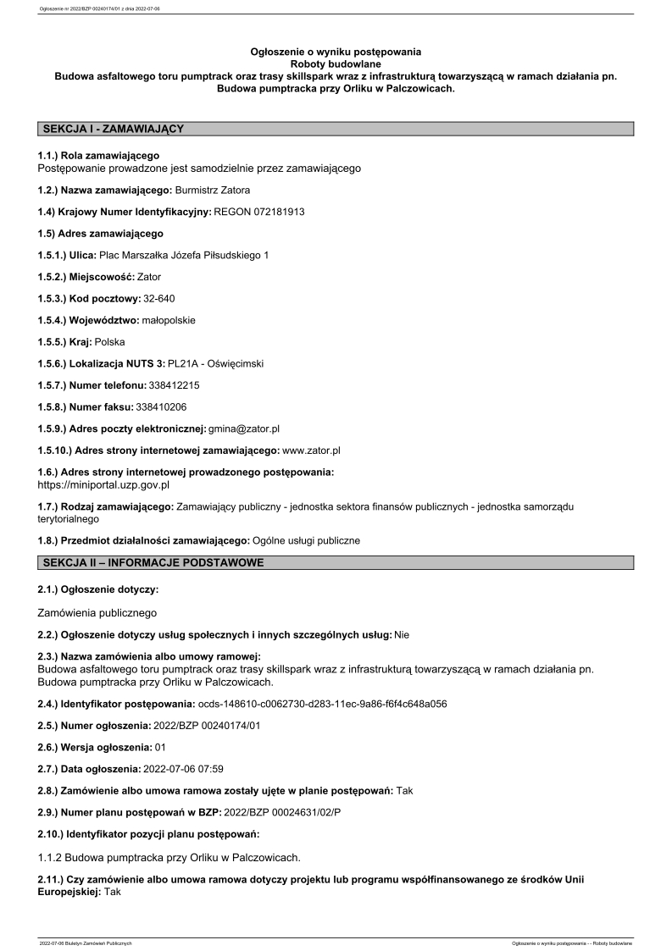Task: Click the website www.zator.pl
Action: click(x=311, y=451)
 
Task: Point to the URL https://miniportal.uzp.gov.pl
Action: click(x=104, y=485)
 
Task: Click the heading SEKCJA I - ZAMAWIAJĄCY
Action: click(x=114, y=129)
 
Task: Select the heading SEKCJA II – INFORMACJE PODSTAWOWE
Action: click(x=153, y=562)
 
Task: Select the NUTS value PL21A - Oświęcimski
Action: click(x=216, y=363)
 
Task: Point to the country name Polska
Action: click(x=110, y=342)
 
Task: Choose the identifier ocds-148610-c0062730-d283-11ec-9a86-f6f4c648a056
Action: click(x=322, y=704)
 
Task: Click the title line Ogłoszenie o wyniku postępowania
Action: click(x=336, y=53)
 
